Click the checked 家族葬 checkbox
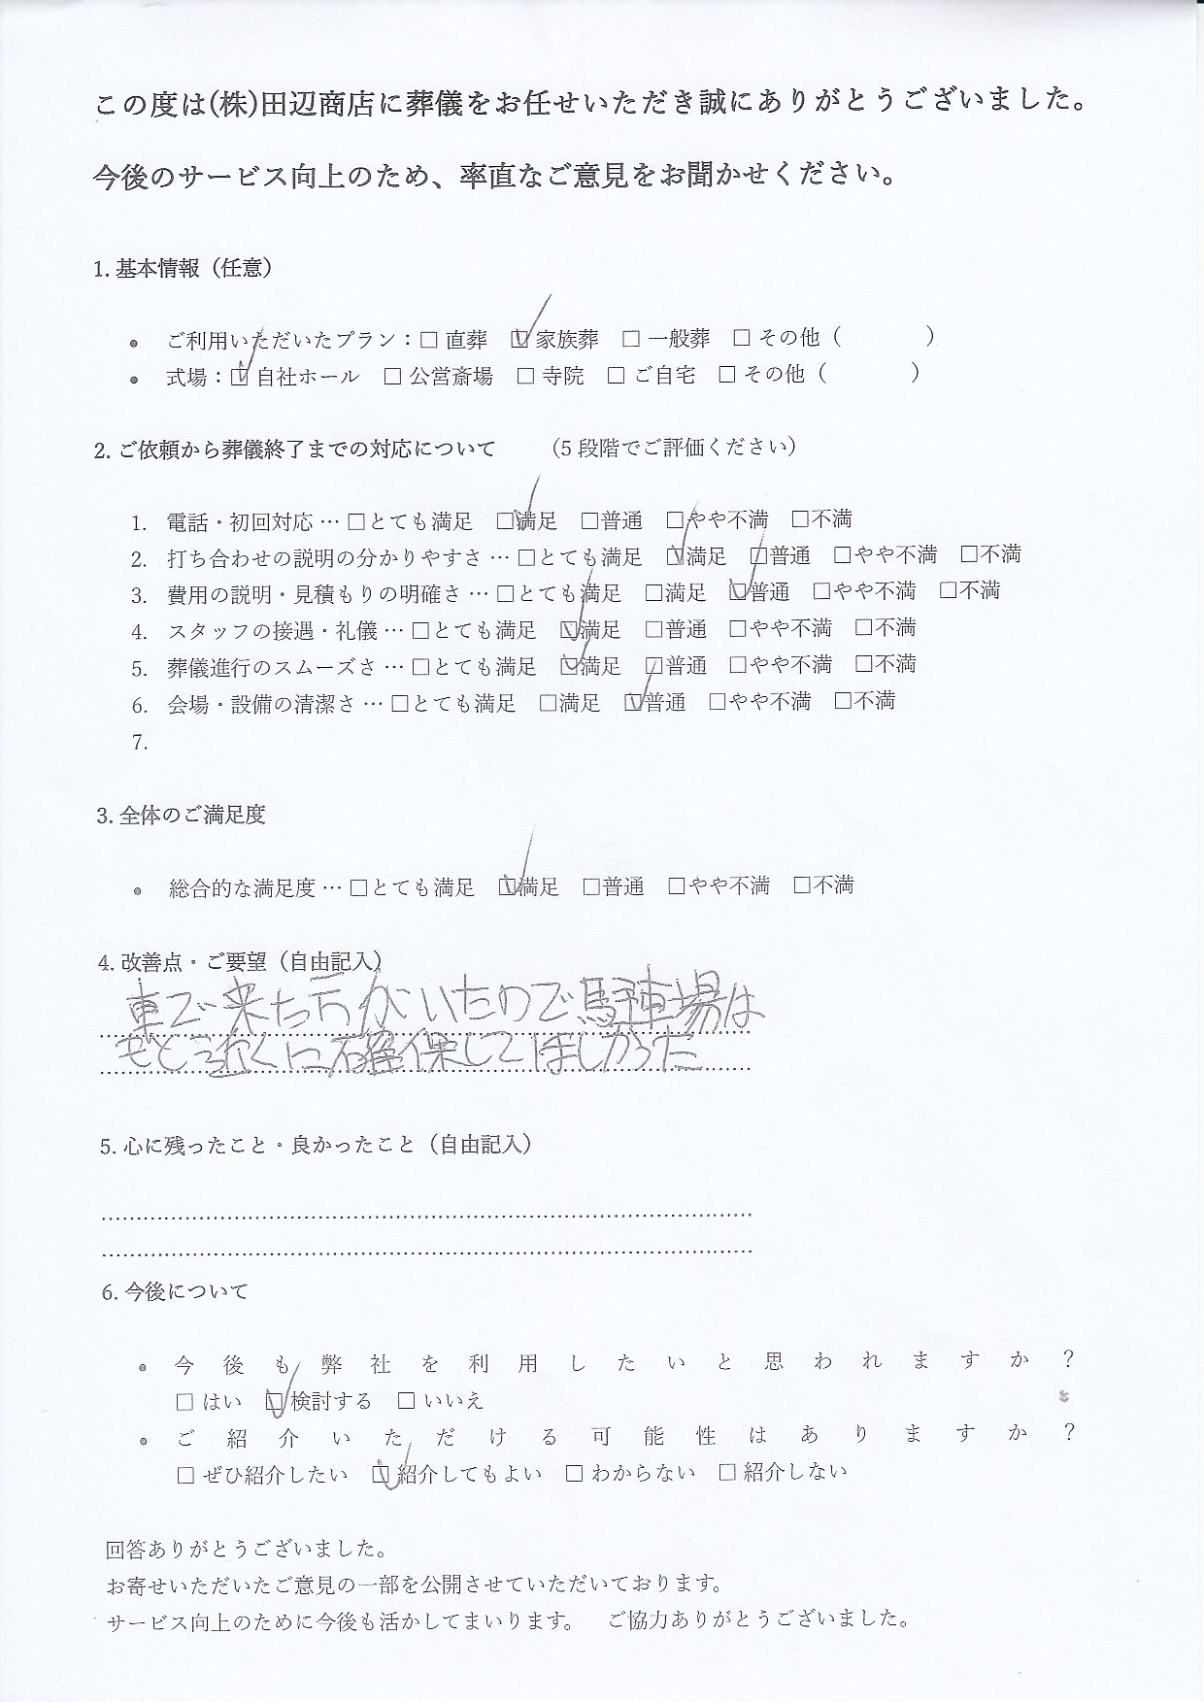coord(518,339)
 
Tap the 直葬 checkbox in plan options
coord(428,339)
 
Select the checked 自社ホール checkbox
coord(240,376)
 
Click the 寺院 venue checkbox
coord(525,375)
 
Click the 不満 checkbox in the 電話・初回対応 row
coord(800,519)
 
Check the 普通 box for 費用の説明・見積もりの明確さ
coord(738,591)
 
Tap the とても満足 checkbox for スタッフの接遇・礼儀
coord(420,629)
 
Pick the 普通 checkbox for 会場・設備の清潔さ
coord(635,702)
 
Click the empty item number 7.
coord(140,743)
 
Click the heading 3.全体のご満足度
coord(181,816)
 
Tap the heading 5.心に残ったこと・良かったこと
coord(315,1145)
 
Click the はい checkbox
coord(184,1402)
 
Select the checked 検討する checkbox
coord(274,1401)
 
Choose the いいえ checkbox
coord(407,1401)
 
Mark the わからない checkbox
coord(575,1473)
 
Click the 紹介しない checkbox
coord(727,1472)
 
